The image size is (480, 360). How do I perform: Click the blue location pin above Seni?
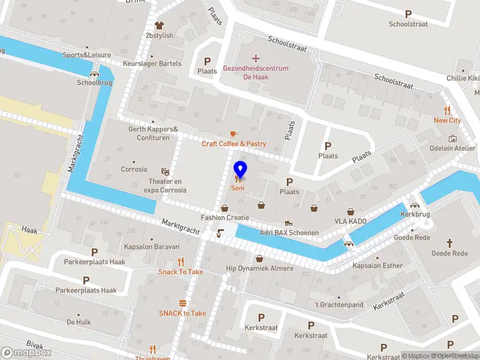click(x=240, y=170)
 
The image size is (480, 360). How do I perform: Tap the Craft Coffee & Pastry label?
click(x=234, y=144)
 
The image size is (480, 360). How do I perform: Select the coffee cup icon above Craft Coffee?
click(x=234, y=134)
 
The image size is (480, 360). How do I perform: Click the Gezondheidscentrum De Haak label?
click(x=256, y=73)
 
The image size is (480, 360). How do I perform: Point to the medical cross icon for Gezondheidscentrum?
click(x=256, y=58)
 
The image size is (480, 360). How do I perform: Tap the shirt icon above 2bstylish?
click(x=159, y=25)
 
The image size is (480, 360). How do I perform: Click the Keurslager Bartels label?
click(x=152, y=64)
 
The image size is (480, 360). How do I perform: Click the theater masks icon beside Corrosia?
click(x=165, y=171)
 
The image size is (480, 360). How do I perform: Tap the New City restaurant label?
click(x=447, y=121)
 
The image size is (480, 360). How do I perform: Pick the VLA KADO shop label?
click(x=350, y=221)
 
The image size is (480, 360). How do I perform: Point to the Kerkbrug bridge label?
click(x=415, y=214)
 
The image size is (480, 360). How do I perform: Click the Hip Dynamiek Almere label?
click(x=260, y=268)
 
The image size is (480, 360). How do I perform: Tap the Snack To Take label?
click(x=181, y=272)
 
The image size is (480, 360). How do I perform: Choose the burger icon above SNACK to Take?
click(x=182, y=303)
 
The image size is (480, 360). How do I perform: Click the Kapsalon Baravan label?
click(x=152, y=247)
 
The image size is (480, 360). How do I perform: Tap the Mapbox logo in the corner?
click(x=26, y=353)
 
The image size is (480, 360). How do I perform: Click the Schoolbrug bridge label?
click(x=94, y=83)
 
